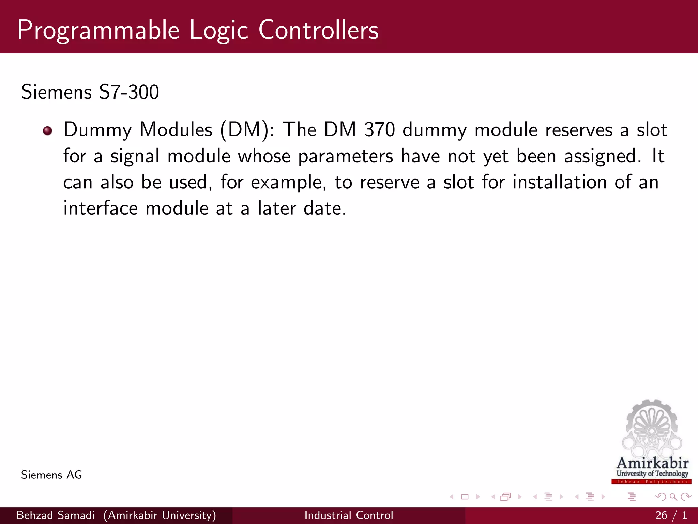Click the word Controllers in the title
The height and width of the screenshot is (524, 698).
(x=318, y=30)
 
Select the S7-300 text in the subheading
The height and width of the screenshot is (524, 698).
(x=129, y=92)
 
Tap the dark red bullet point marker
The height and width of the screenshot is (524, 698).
(x=47, y=131)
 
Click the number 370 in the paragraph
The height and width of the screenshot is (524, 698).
(x=379, y=130)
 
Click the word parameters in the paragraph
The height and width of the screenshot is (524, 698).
(x=346, y=157)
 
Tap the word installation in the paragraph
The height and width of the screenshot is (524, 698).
(x=560, y=182)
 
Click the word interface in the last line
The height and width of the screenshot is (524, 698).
(x=101, y=208)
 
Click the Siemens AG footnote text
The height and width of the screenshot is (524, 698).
(x=51, y=475)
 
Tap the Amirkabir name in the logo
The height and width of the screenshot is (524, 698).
(x=652, y=463)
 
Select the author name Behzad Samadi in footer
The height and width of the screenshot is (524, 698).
(x=55, y=515)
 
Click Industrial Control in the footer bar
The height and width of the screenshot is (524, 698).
(x=349, y=515)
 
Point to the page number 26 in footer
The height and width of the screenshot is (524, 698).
(x=661, y=515)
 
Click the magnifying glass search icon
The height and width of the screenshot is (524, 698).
(x=673, y=497)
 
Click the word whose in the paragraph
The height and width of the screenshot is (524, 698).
(x=264, y=157)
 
